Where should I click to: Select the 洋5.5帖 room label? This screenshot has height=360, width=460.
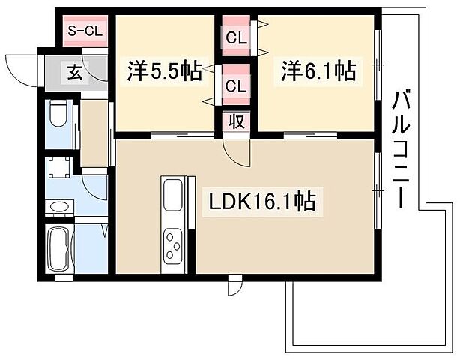[163, 71]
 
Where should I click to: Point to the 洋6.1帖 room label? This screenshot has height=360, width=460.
[318, 71]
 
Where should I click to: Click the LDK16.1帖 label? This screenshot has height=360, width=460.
[261, 202]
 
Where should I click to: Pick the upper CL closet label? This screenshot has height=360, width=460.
[235, 35]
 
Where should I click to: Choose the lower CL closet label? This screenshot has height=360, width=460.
[235, 86]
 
